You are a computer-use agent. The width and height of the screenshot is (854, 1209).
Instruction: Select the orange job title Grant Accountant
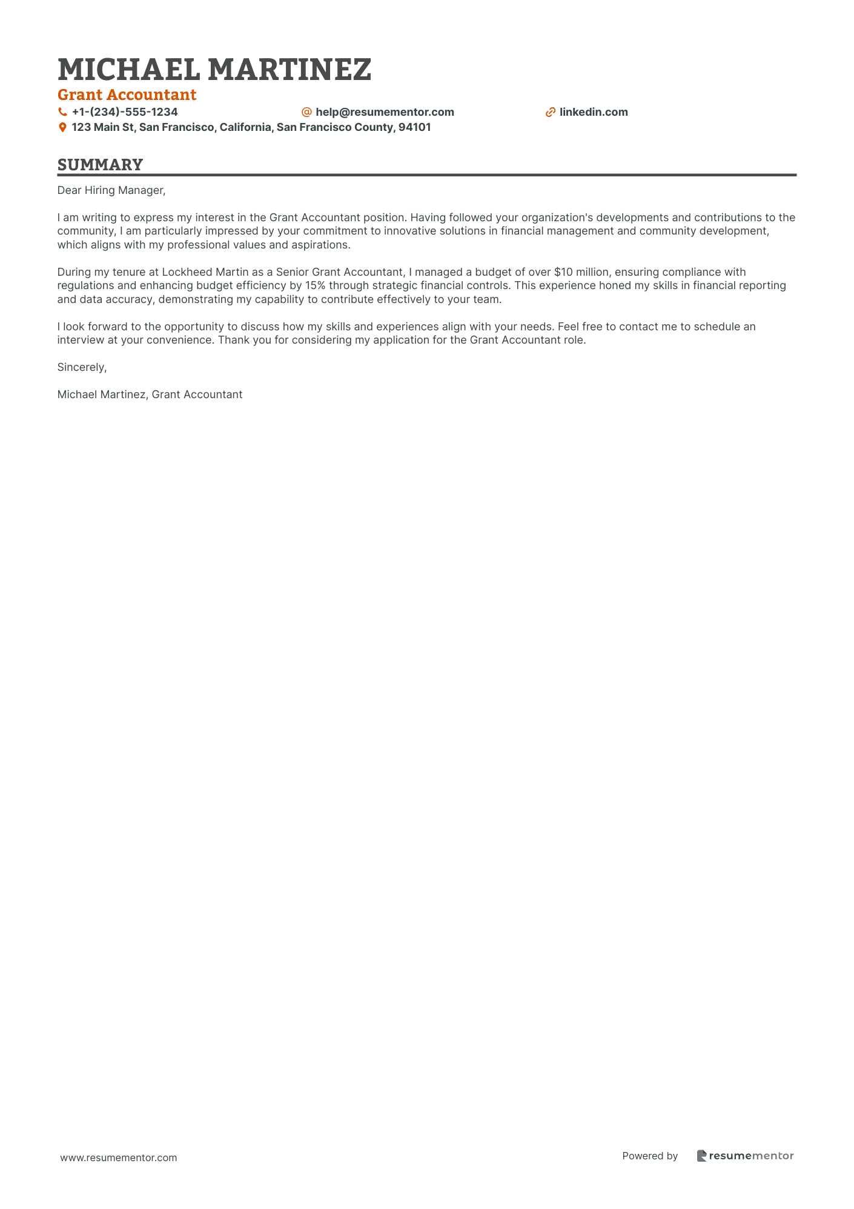127,95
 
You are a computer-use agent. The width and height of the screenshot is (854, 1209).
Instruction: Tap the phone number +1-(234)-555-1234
125,112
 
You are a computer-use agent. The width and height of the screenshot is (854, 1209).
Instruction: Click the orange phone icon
62,112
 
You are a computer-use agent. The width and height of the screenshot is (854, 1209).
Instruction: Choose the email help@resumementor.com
385,112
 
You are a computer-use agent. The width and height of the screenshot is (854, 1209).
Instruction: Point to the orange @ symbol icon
306,112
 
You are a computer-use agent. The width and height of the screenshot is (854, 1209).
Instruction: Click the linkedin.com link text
594,112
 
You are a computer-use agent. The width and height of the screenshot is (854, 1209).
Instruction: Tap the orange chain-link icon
551,112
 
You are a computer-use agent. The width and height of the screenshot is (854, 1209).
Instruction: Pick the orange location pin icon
62,128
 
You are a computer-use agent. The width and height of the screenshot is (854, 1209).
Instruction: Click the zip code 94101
414,128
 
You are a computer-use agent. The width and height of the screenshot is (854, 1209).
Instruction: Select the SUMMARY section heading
101,165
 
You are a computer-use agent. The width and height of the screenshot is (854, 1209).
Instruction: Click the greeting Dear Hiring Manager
111,190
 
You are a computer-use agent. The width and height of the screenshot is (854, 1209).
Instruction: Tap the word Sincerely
82,367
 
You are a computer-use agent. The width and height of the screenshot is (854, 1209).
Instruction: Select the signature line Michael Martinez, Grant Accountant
150,395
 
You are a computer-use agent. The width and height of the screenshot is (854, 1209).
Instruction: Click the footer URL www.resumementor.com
119,1157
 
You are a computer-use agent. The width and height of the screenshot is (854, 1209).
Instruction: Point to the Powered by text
650,1156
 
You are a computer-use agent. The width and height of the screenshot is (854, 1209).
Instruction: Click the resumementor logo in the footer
746,1156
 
